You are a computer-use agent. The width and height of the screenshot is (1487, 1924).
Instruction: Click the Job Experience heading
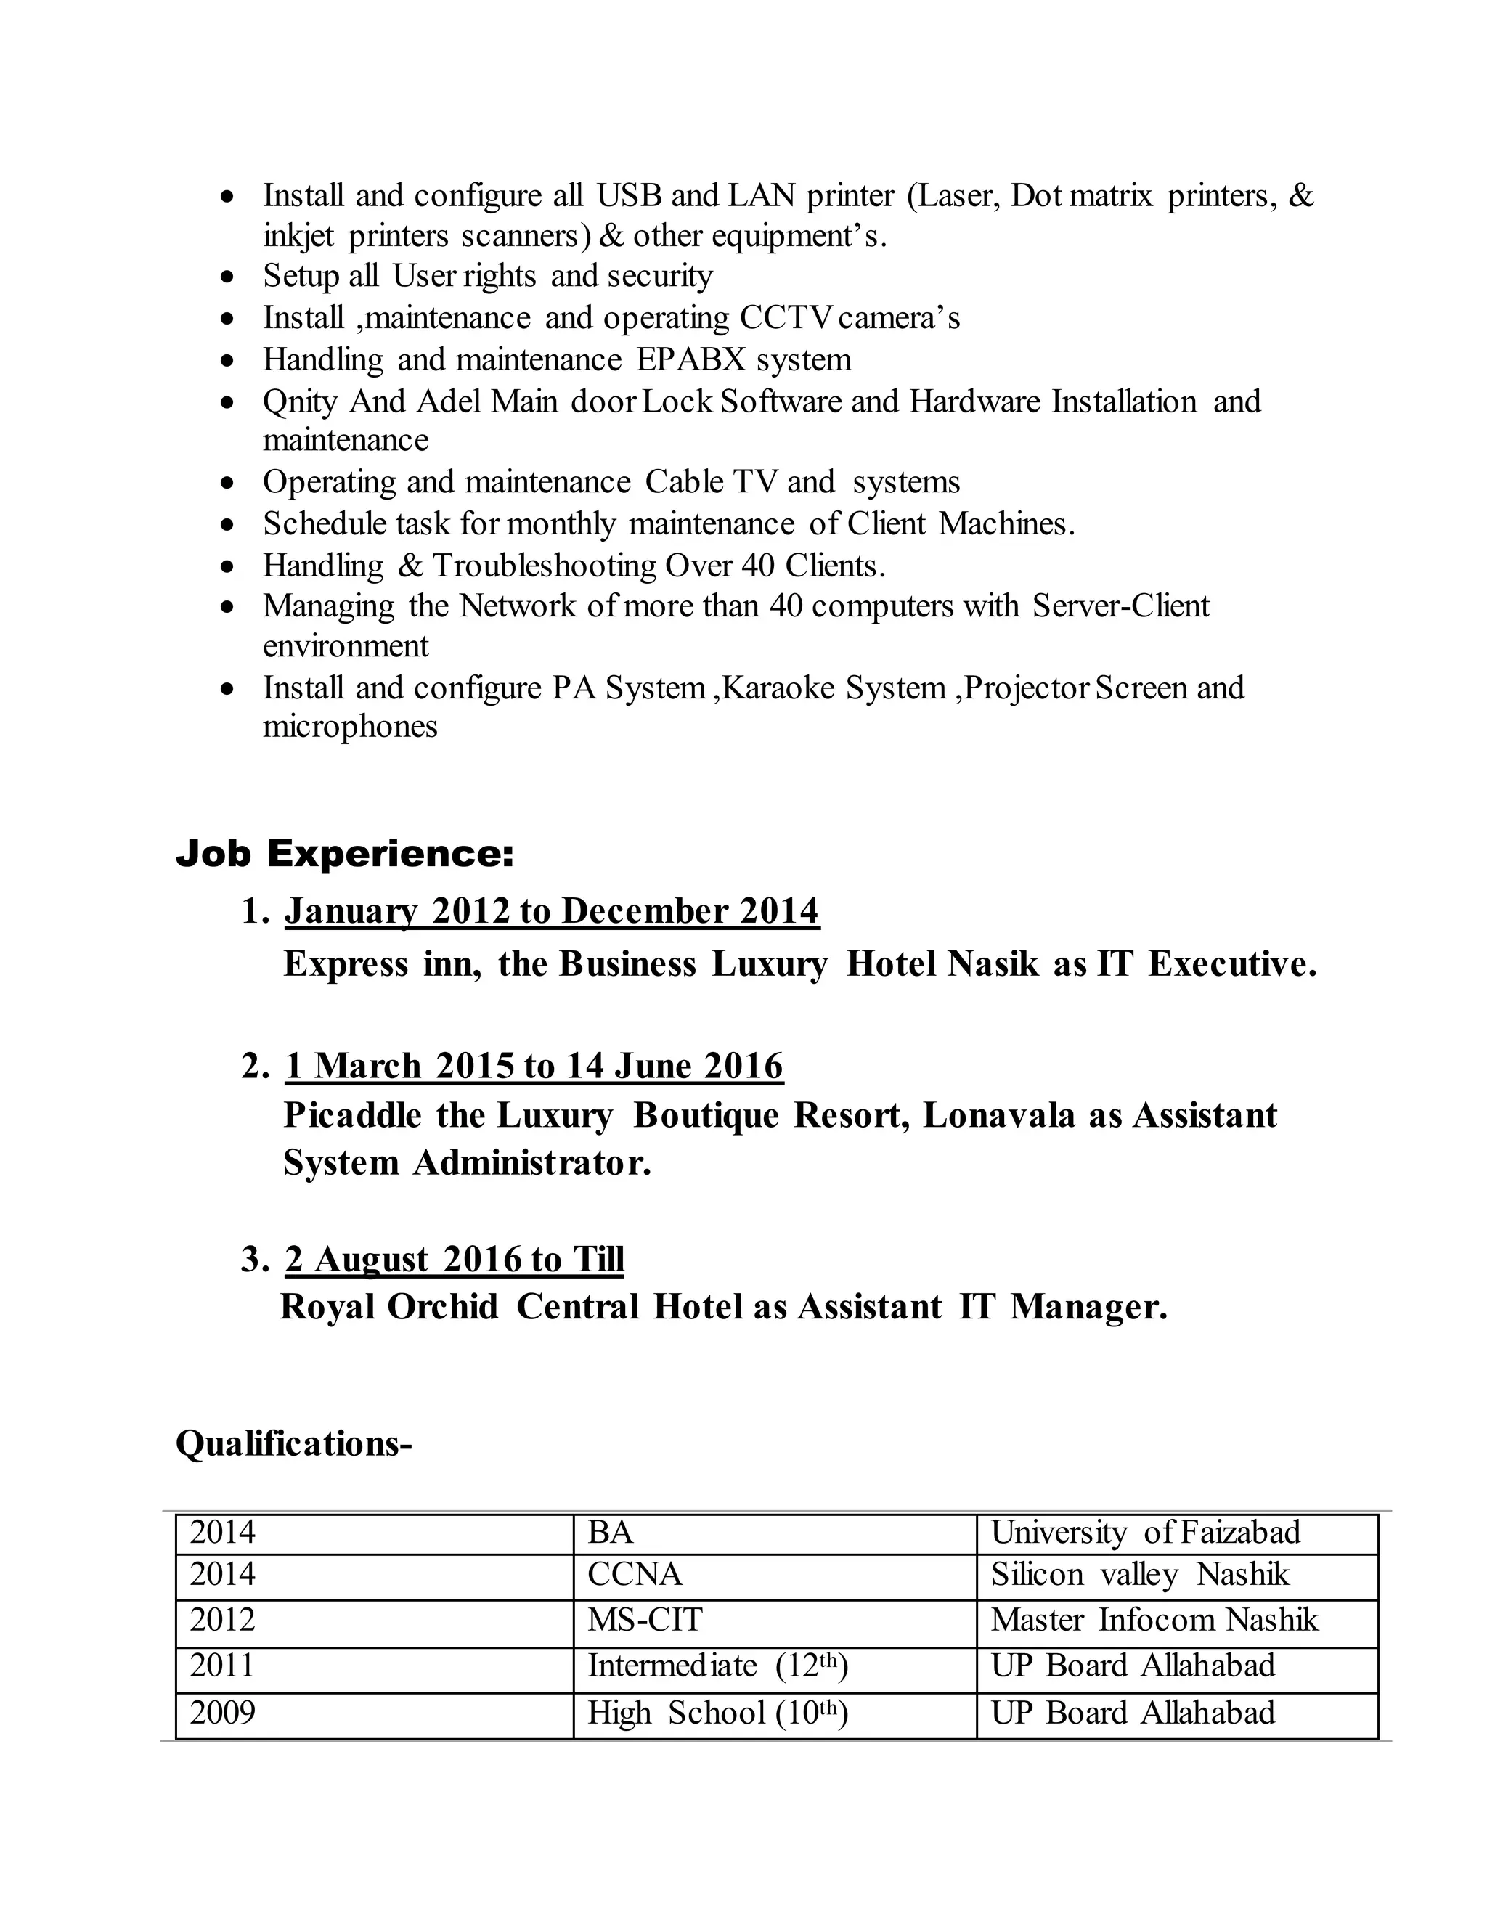[x=344, y=854]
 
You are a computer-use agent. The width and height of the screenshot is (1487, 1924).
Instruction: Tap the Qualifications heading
[x=293, y=1444]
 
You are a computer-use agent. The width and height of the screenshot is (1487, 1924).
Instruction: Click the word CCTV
[x=785, y=318]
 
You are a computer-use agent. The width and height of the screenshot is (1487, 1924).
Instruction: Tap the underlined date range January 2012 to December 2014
[x=552, y=911]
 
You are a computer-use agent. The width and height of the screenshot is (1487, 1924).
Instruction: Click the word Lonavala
[x=999, y=1115]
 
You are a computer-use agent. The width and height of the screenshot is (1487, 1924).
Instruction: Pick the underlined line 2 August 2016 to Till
[x=454, y=1259]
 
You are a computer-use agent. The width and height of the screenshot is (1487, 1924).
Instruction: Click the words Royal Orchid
[x=388, y=1306]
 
